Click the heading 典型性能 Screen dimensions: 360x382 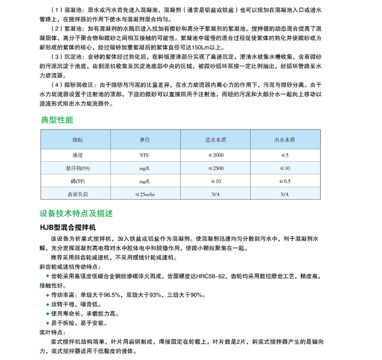pyautogui.click(x=57, y=120)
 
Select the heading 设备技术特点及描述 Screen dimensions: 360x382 pyautogui.click(x=76, y=213)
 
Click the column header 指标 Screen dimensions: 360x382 pyautogui.click(x=77, y=140)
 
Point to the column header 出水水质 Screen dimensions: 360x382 pyautogui.click(x=284, y=140)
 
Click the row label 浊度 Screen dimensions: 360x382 pyautogui.click(x=77, y=155)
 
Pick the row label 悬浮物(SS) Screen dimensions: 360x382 pyautogui.click(x=77, y=168)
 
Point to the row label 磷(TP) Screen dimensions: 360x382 pyautogui.click(x=77, y=181)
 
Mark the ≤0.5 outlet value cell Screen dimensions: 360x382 pyautogui.click(x=284, y=181)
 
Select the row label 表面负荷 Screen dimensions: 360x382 pyautogui.click(x=77, y=194)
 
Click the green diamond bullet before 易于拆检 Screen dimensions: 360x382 pyautogui.click(x=48, y=323)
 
